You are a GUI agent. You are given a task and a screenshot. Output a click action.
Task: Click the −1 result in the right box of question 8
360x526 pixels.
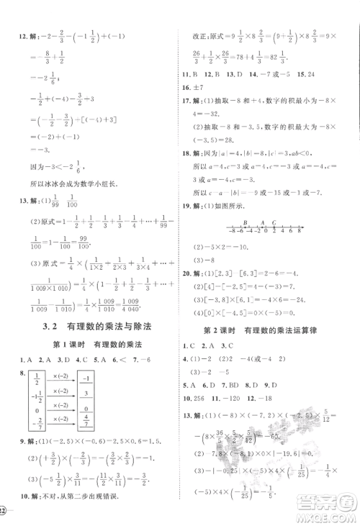coord(85,381)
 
